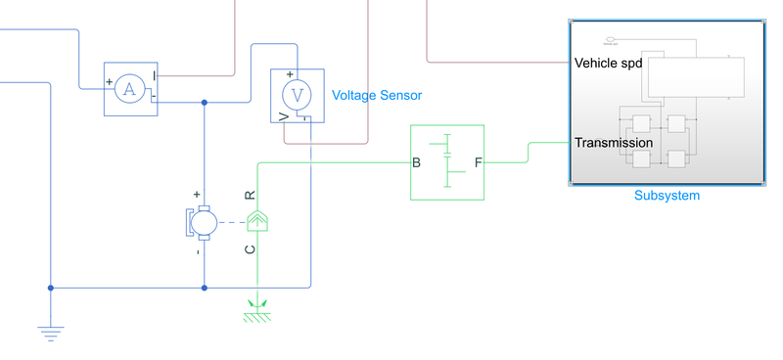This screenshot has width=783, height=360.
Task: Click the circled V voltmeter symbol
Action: tap(296, 96)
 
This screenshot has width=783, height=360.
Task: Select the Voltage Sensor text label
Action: tap(377, 95)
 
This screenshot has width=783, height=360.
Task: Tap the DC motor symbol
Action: tap(204, 222)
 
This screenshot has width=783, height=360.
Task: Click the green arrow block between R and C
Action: tap(256, 221)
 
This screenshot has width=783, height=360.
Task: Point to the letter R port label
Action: tap(250, 195)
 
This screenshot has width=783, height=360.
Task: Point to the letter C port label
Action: tap(250, 249)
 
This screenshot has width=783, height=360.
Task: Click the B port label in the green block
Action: tap(417, 162)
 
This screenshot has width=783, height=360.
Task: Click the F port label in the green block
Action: tap(478, 162)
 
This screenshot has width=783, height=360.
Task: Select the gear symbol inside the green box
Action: tap(447, 161)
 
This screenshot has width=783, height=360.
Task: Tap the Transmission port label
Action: tap(614, 143)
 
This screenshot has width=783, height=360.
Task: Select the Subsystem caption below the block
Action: tap(667, 196)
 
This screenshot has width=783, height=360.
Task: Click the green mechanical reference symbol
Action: tap(256, 312)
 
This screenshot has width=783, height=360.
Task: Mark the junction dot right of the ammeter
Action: tap(204, 102)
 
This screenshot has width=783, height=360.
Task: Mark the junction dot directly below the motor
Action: tap(204, 288)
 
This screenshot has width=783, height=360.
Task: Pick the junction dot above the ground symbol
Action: tap(50, 288)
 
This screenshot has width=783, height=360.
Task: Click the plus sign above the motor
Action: tap(197, 195)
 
